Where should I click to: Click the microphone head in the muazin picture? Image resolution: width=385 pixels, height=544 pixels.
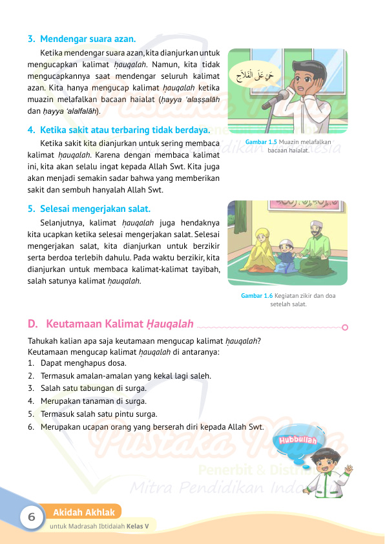[x=282, y=96]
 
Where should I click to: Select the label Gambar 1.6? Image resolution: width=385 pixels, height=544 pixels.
[x=256, y=295]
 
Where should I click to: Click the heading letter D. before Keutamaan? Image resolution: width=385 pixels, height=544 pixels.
[x=32, y=323]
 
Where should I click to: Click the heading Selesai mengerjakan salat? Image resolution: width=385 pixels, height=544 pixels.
[x=95, y=209]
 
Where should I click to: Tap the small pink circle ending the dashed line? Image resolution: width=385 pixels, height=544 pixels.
[x=345, y=327]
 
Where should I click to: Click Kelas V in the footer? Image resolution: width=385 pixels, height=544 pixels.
[x=138, y=526]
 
